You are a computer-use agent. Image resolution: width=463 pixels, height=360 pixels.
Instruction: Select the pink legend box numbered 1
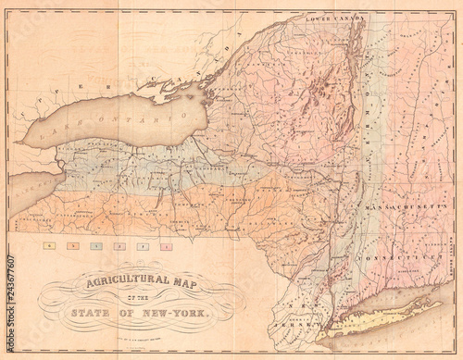166,247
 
